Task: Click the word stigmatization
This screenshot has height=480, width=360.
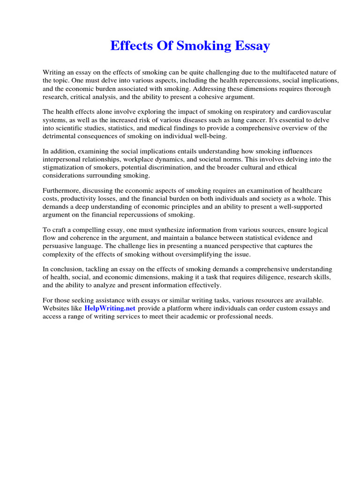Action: [x=63, y=167]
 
